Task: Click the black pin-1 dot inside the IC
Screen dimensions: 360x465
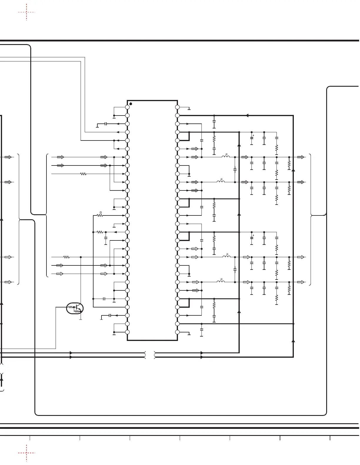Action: click(131, 104)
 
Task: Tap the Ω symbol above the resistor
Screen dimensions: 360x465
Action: click(101, 212)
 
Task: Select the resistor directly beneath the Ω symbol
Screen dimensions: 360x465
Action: click(100, 215)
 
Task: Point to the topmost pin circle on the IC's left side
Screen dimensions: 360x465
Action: click(127, 107)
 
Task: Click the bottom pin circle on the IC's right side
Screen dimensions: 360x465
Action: click(177, 332)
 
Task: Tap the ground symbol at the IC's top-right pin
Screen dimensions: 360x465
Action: click(189, 109)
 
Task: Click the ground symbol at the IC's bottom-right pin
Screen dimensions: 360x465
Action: click(189, 334)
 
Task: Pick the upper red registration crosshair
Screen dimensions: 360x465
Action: click(26, 12)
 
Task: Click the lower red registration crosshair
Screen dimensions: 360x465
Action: click(26, 453)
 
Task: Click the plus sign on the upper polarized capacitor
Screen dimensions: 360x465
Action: click(253, 136)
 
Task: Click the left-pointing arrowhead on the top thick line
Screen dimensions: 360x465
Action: click(247, 116)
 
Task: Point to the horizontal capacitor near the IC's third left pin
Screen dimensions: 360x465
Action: click(106, 124)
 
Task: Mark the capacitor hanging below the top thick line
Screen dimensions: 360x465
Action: click(214, 121)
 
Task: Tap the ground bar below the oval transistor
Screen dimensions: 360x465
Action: click(81, 319)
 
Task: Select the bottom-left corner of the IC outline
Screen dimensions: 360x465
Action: click(127, 340)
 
